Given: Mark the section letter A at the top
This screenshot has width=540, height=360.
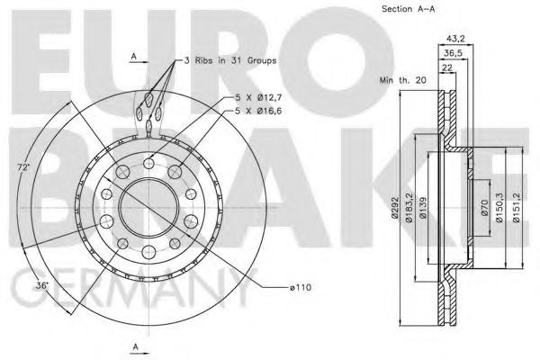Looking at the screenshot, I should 133,56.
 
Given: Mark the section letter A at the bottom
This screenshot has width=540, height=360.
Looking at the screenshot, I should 135,346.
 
